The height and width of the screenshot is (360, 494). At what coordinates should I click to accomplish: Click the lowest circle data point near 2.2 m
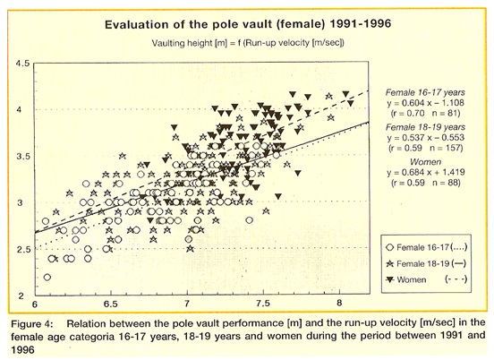(x=47, y=277)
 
